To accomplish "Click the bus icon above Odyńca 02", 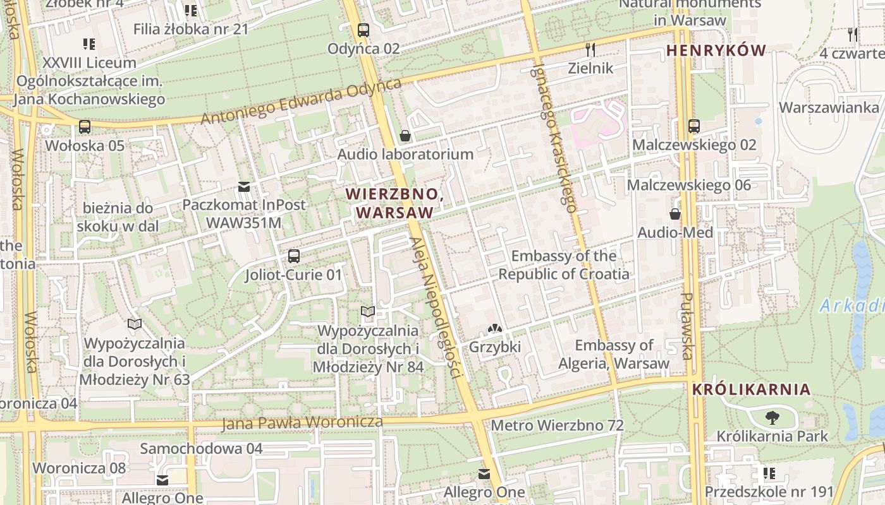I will pos(363,30).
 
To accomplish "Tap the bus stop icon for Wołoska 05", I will pos(85,126).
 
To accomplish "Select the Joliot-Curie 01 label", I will pos(293,275).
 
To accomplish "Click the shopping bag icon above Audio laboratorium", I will pos(405,136).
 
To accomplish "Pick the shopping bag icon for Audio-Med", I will pos(675,214).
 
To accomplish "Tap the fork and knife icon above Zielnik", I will pos(590,49).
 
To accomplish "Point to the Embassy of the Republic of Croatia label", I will pos(564,265).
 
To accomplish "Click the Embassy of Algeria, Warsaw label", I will pos(613,354).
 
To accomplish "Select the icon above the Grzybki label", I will pos(494,328).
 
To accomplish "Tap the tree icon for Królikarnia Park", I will pos(772,417).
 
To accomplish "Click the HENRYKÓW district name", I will pos(716,50).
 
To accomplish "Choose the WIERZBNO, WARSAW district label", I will pos(394,203).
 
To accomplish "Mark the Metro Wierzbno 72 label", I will pos(557,425).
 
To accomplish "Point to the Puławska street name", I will pos(688,326).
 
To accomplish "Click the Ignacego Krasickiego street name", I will pos(554,136).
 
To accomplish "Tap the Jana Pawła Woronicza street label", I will pos(302,422).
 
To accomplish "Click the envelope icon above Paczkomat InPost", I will pos(243,186).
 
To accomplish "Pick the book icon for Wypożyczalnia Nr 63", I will pos(134,324).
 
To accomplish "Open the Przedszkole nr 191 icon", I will pos(769,473).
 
